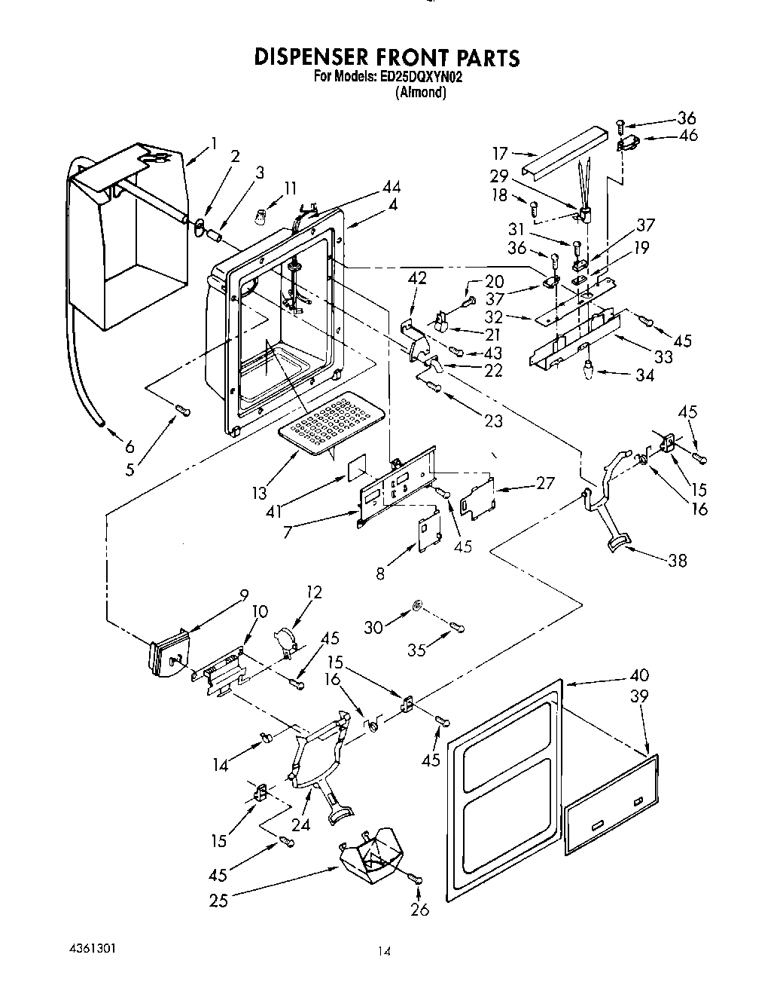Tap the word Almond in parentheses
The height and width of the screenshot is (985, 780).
421,93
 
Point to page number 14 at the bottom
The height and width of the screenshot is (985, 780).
385,952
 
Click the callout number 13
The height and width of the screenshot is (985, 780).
259,494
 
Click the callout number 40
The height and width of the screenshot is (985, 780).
638,675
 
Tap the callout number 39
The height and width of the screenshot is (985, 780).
638,697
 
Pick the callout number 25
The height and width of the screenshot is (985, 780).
218,900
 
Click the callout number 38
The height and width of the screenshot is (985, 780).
678,560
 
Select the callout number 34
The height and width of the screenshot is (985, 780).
644,375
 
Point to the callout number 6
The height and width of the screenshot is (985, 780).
130,446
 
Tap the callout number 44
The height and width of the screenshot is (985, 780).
391,187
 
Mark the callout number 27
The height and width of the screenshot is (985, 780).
544,483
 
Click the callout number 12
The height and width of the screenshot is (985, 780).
313,592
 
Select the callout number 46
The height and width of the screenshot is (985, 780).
687,135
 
